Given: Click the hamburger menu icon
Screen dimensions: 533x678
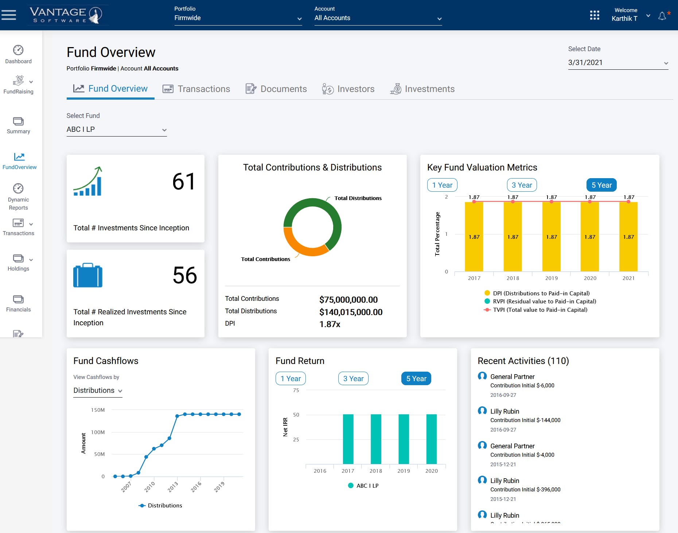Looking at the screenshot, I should [9, 15].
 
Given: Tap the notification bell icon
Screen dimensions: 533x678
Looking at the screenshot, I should [662, 16].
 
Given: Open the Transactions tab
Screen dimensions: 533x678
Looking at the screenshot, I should [196, 89].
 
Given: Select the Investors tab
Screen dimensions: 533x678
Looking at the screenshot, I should [348, 89].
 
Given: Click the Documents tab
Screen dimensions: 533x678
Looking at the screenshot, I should [276, 89].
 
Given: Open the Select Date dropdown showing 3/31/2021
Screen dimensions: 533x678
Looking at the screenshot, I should [618, 63].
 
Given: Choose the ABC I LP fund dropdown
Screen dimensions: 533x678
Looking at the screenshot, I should [116, 130].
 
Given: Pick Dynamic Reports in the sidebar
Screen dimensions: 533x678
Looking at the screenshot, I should [18, 197].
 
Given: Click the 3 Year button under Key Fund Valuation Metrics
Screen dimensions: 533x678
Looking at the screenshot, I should [522, 185].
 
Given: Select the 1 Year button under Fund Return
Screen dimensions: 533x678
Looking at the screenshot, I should [291, 379].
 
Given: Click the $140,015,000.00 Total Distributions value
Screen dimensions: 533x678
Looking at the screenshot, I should [351, 312].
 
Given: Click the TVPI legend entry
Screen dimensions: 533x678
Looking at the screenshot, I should [540, 310].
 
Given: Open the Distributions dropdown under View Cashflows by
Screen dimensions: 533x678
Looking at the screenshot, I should [98, 391].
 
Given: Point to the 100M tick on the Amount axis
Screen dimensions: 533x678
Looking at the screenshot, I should [98, 432].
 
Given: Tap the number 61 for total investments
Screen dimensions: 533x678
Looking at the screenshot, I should [184, 181].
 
